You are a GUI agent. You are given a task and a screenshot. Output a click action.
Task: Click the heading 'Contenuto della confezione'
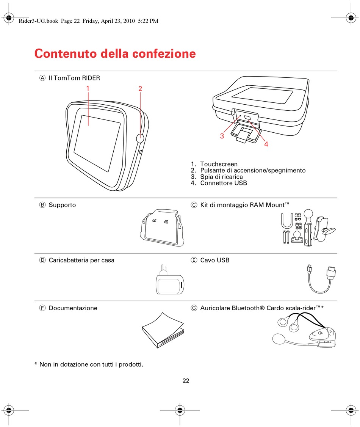pyautogui.click(x=115, y=53)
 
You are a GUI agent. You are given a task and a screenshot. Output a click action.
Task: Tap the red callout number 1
pyautogui.click(x=88, y=88)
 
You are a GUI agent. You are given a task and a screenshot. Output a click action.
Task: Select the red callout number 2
pyautogui.click(x=140, y=88)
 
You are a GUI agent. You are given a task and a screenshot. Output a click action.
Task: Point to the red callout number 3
pyautogui.click(x=222, y=136)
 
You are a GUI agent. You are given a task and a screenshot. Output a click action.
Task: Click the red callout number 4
pyautogui.click(x=266, y=144)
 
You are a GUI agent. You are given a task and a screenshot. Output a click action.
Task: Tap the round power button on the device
pyautogui.click(x=140, y=138)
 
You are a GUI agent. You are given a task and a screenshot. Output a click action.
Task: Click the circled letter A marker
pyautogui.click(x=42, y=78)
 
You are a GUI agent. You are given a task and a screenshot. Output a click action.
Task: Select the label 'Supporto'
pyautogui.click(x=62, y=205)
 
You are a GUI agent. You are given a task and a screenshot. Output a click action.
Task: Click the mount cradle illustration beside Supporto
pyautogui.click(x=162, y=228)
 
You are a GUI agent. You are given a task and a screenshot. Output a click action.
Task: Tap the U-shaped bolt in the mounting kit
pyautogui.click(x=287, y=221)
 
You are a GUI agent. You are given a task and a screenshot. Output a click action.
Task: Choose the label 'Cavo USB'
pyautogui.click(x=215, y=261)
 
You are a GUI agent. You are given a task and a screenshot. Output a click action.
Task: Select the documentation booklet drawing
pyautogui.click(x=163, y=330)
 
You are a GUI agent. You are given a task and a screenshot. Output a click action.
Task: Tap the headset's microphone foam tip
pyautogui.click(x=279, y=339)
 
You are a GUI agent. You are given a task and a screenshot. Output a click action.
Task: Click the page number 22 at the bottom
pyautogui.click(x=186, y=381)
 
